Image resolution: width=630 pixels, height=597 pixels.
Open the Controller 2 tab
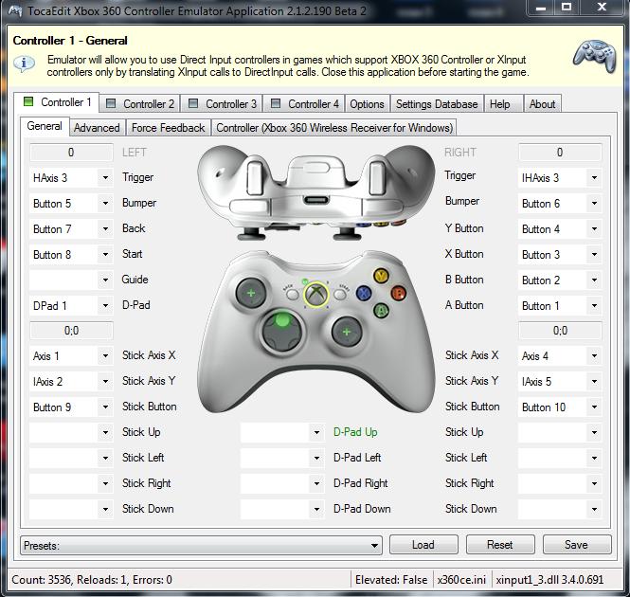click(140, 103)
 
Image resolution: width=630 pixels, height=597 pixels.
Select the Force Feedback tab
click(168, 127)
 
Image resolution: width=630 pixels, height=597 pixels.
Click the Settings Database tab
click(437, 103)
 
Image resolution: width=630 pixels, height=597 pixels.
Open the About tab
click(542, 103)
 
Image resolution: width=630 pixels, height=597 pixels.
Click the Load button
click(423, 545)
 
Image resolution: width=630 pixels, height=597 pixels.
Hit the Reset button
click(500, 545)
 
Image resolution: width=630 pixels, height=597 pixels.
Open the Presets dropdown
click(201, 546)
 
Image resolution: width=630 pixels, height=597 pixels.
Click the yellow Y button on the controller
click(381, 276)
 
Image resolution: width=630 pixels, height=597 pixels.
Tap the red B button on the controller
click(398, 293)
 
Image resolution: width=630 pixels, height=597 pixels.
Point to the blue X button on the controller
click(364, 293)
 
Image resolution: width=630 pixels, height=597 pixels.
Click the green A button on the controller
click(381, 310)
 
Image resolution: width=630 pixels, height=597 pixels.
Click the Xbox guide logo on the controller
click(316, 294)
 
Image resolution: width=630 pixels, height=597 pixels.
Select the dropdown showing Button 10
click(560, 407)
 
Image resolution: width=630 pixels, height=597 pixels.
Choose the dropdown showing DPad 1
click(71, 305)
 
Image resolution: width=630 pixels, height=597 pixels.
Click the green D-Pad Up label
click(355, 432)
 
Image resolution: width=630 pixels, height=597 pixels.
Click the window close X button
click(602, 7)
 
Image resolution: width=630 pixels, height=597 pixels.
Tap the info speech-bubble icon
click(24, 63)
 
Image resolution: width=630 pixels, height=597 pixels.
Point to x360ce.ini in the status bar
click(461, 579)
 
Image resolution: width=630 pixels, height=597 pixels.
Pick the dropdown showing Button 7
click(71, 228)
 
